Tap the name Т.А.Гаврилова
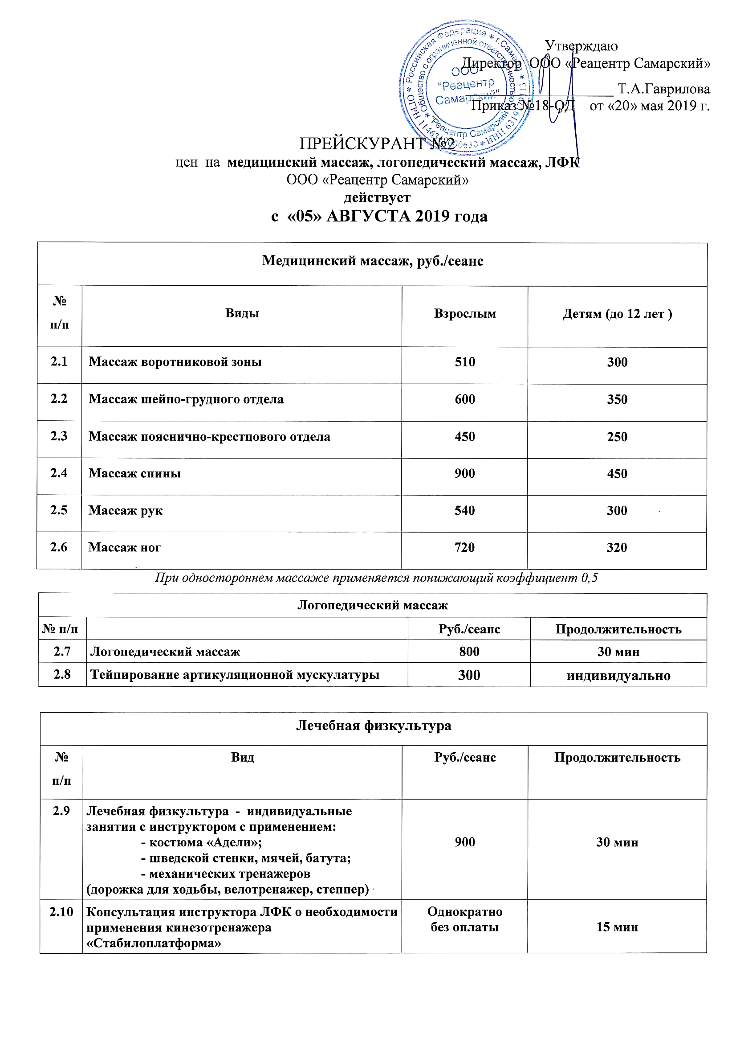click(663, 89)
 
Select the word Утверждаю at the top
click(581, 46)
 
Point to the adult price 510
click(465, 362)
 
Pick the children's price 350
click(617, 399)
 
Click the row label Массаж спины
click(134, 473)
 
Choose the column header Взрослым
click(465, 314)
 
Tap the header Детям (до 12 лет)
click(617, 314)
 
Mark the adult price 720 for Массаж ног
click(465, 547)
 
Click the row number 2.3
click(59, 436)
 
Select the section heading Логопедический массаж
click(372, 605)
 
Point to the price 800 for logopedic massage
click(469, 652)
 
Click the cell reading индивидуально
click(618, 676)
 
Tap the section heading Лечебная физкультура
click(374, 726)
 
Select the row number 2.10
click(61, 912)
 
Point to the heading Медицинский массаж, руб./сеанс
click(372, 261)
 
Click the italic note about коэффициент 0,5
click(376, 578)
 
